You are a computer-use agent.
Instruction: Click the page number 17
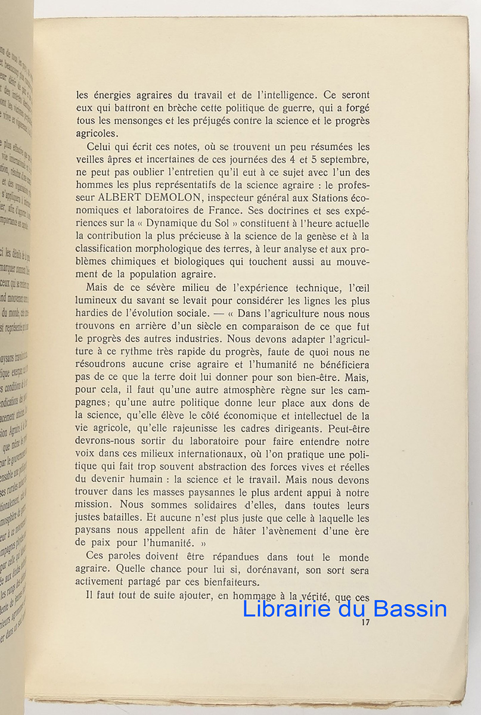(365, 623)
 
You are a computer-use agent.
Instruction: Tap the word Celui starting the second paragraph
(98, 147)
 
